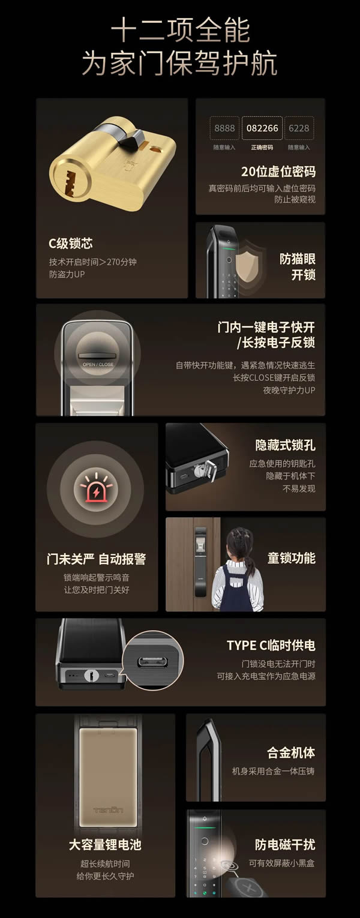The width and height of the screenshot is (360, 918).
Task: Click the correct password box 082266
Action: [x=262, y=128]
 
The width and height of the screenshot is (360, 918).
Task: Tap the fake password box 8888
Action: [x=224, y=128]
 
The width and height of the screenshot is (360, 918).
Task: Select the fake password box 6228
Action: [x=299, y=128]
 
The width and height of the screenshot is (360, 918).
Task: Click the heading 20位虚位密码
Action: [x=278, y=172]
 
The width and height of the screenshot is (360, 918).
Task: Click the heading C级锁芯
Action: [x=71, y=244]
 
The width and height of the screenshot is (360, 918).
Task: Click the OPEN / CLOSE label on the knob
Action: [x=97, y=364]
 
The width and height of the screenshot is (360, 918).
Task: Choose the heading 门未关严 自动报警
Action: [x=96, y=559]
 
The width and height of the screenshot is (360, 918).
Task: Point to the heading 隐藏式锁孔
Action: [x=285, y=445]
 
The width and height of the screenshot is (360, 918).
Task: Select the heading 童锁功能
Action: [x=291, y=558]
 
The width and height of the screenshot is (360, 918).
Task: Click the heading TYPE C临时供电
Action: [x=271, y=646]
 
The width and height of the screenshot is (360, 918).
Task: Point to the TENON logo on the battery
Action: [x=108, y=809]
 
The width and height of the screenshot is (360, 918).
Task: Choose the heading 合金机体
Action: [x=291, y=752]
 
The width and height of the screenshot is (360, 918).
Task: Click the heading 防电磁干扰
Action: [x=285, y=845]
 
